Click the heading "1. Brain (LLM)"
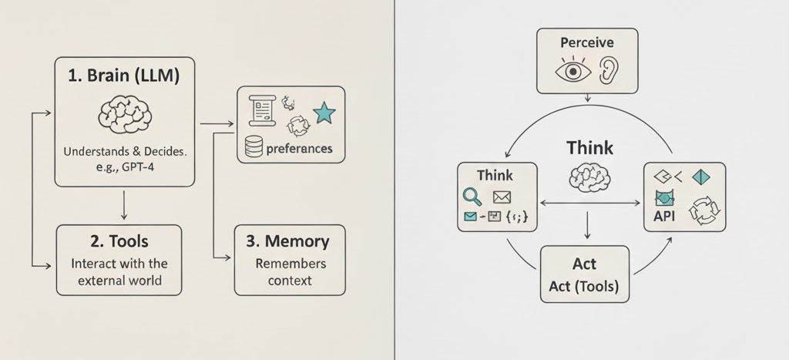click(x=124, y=77)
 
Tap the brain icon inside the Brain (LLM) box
click(x=124, y=115)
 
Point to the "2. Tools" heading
click(x=119, y=241)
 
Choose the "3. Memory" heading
click(x=287, y=241)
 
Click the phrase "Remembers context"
click(x=290, y=271)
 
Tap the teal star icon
click(x=324, y=114)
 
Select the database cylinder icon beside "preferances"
click(x=253, y=147)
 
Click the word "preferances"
click(x=299, y=149)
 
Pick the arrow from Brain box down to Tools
click(x=124, y=204)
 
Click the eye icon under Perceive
click(x=572, y=71)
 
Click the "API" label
click(x=663, y=217)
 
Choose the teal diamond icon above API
click(x=702, y=177)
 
